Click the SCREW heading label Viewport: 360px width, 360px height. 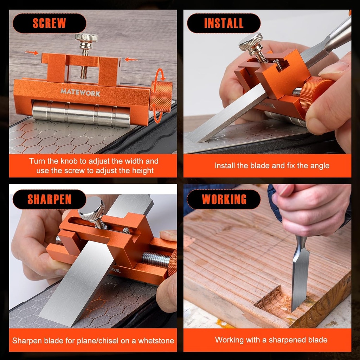click(49, 23)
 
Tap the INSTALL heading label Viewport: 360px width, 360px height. click(224, 23)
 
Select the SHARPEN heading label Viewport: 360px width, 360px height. click(49, 199)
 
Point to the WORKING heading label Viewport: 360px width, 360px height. click(224, 199)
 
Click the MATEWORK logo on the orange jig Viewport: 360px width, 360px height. click(80, 92)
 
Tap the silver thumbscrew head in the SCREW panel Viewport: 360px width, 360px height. click(86, 38)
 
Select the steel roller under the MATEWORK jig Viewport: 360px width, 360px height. click(81, 113)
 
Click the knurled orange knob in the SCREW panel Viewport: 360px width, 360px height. click(161, 96)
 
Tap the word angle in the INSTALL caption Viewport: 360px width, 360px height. click(320, 166)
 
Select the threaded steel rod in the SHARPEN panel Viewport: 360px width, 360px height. click(156, 259)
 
